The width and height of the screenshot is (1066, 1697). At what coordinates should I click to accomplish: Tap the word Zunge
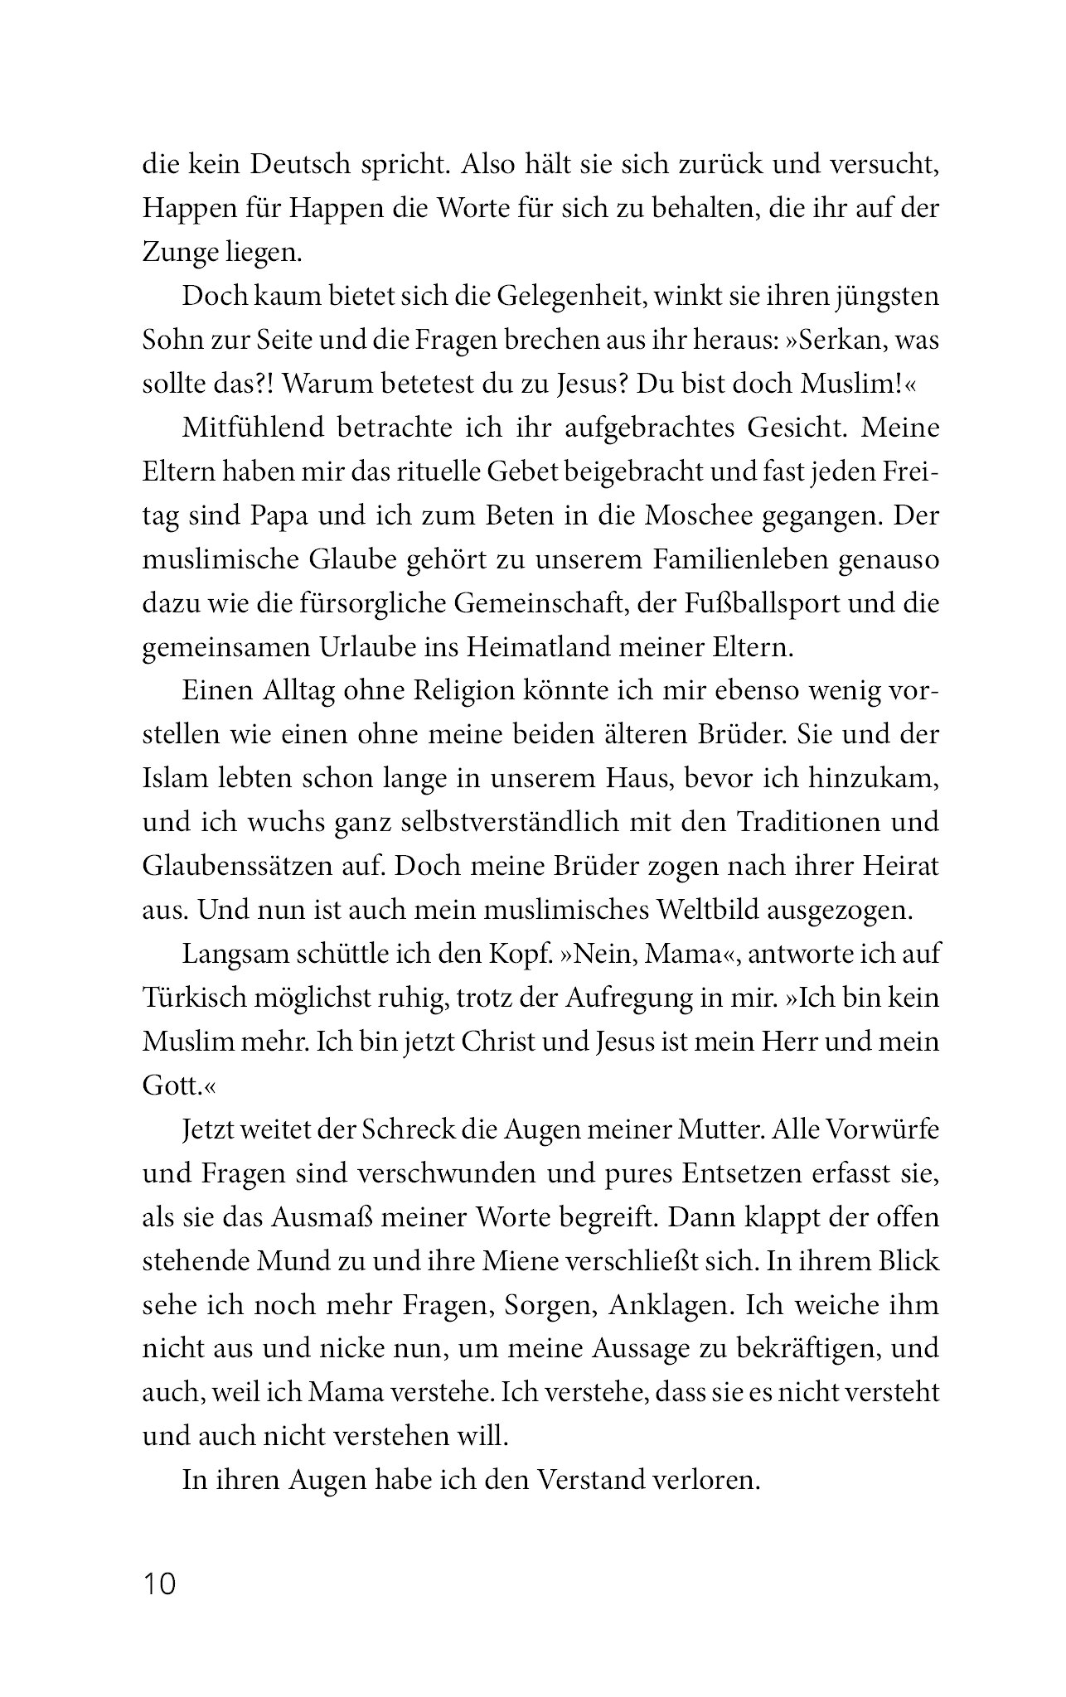181,251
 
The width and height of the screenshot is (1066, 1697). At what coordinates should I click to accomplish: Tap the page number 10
160,1583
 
